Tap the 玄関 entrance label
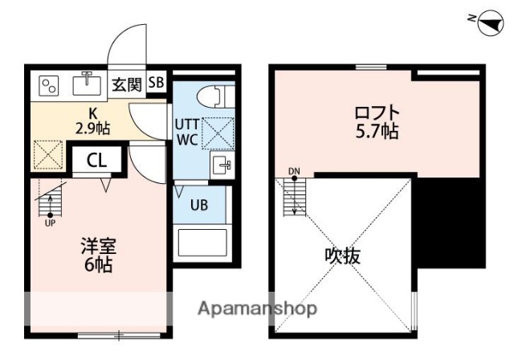coord(127,82)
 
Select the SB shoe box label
coord(156,82)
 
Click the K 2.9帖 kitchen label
coord(92,120)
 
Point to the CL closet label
coord(96,159)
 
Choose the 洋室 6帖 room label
coord(96,254)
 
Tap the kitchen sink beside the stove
coord(84,83)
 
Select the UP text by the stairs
coord(50,223)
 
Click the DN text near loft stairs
coord(293,171)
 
